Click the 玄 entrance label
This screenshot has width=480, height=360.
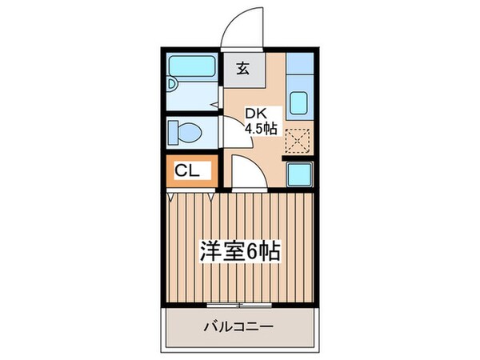click(242, 68)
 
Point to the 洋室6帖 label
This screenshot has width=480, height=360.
click(239, 253)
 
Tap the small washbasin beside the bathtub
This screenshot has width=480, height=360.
click(172, 83)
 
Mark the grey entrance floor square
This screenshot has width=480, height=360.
click(242, 69)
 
